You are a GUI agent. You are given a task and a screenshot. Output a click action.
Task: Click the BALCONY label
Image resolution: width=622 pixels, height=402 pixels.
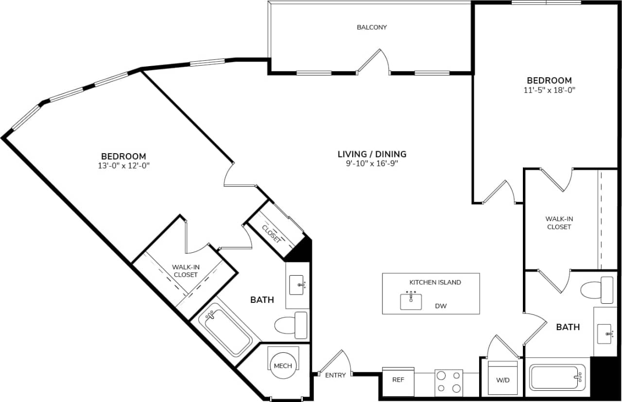(372, 27)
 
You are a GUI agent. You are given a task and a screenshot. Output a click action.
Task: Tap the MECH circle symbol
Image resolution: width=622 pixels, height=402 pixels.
(283, 366)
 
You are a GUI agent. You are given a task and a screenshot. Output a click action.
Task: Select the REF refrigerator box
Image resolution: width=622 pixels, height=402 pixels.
(398, 380)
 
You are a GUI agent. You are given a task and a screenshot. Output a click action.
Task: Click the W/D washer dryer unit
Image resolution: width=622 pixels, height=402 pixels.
(503, 379)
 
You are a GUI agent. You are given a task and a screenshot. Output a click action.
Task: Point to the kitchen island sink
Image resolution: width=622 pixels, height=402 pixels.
(411, 301)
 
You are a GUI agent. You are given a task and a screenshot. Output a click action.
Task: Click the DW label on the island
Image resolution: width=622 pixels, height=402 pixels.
(441, 306)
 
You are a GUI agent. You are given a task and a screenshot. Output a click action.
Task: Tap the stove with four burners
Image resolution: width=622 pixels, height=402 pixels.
(449, 382)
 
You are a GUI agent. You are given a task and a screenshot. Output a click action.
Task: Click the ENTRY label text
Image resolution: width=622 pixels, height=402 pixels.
(335, 375)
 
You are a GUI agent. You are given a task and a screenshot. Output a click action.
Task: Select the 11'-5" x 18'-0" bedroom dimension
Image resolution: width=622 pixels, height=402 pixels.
(550, 90)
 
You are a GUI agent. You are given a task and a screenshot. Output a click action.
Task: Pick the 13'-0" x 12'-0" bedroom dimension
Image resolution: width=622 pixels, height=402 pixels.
(123, 165)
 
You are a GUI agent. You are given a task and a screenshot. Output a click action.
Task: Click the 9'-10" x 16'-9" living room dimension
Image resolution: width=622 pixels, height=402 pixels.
(372, 163)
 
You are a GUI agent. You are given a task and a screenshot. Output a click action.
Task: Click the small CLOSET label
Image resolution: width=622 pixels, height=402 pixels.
(271, 234)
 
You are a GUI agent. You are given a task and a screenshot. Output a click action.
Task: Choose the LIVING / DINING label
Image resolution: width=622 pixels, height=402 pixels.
(372, 154)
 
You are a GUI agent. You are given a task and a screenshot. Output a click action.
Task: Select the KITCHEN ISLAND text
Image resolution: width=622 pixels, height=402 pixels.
(435, 282)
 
